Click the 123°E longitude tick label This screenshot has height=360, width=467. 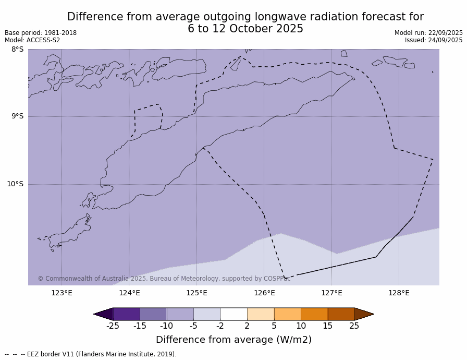[62, 293]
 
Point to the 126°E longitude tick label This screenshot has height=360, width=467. [264, 293]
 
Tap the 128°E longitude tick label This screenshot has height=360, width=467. [399, 293]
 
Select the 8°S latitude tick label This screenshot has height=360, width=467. [17, 50]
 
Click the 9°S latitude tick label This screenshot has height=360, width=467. [17, 116]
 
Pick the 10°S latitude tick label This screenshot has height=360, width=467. [15, 184]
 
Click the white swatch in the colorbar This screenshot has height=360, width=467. [233, 314]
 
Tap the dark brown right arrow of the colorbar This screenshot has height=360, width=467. [364, 314]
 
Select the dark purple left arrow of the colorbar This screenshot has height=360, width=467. [103, 314]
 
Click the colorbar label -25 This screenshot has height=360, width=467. [113, 326]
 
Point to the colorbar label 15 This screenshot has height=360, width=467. [327, 326]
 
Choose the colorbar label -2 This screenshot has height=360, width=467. [220, 326]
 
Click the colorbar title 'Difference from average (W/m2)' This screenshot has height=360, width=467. [233, 340]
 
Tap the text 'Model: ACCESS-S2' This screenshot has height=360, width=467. [32, 40]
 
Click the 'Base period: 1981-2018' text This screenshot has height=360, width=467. [41, 33]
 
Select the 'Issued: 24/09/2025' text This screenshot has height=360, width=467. [434, 40]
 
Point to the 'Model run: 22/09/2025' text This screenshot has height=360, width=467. [428, 33]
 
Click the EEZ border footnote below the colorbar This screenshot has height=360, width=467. [91, 354]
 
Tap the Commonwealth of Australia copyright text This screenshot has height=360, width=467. [164, 279]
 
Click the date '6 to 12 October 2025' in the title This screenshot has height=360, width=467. [245, 29]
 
